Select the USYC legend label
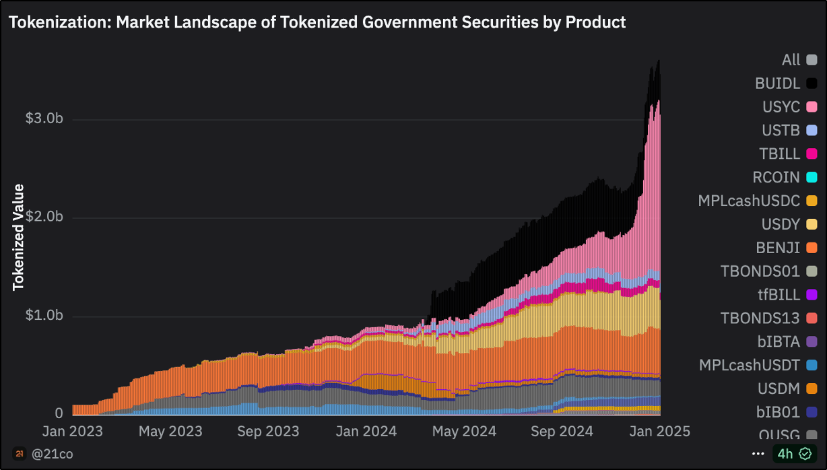(781, 107)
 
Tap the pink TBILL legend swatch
(812, 154)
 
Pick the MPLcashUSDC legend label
(749, 201)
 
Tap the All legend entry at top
(791, 60)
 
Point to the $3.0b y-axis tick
(44, 119)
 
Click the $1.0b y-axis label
(44, 316)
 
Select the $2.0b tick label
(44, 217)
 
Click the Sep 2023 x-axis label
(268, 431)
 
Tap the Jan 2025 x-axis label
(659, 431)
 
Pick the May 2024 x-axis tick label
(463, 431)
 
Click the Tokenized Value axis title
(19, 237)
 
